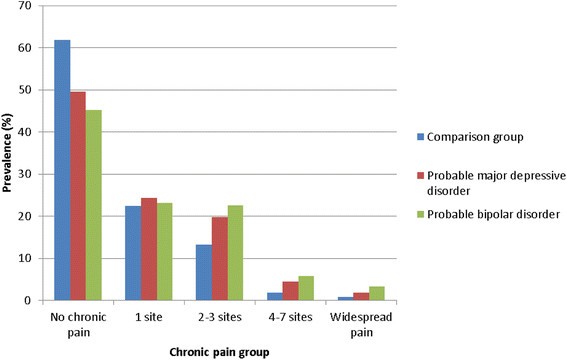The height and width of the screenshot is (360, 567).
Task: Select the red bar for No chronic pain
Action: (78, 196)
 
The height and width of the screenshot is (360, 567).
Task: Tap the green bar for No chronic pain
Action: (94, 205)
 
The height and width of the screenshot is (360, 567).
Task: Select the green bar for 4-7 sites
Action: (305, 288)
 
